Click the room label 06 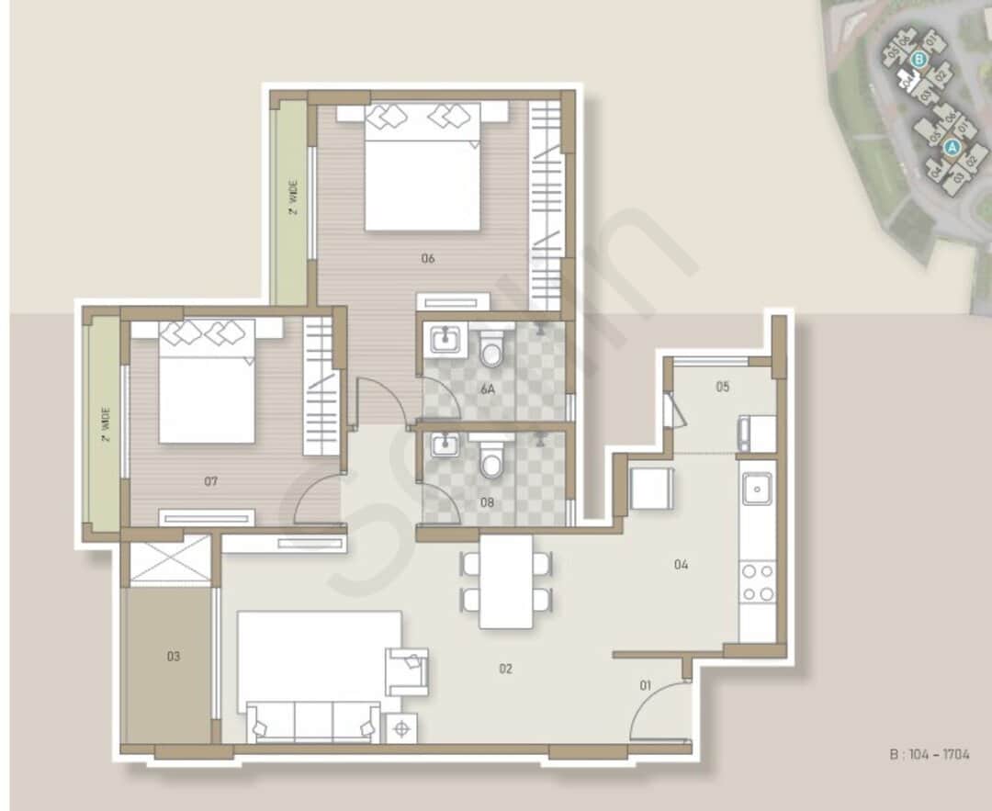(x=427, y=258)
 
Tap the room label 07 (x=211, y=480)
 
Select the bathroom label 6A (x=488, y=389)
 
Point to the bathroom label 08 (x=488, y=502)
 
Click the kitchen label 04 (x=681, y=565)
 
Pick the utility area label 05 (x=723, y=387)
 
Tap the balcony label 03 (x=173, y=656)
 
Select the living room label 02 (x=505, y=669)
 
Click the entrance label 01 (x=645, y=683)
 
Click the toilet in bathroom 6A (x=492, y=349)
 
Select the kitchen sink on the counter (x=758, y=490)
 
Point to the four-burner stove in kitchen (x=758, y=582)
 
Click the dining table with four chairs (x=506, y=580)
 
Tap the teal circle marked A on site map (x=953, y=146)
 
